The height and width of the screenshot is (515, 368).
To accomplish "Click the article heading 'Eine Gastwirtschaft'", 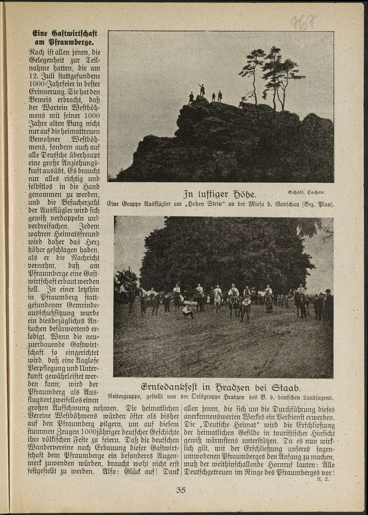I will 64,33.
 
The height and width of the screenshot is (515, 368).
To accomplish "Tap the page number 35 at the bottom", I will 181,490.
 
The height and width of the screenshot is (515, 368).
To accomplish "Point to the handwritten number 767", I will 303,22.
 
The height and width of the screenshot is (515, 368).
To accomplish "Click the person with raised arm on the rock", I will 202,90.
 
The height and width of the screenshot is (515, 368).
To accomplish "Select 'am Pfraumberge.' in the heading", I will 64,43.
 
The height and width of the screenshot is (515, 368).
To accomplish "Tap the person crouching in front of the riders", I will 188,310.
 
